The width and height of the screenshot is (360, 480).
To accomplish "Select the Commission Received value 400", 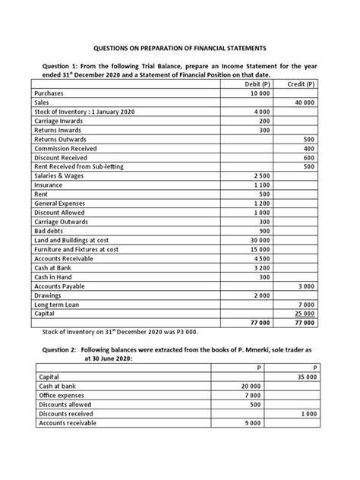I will [308, 150].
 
